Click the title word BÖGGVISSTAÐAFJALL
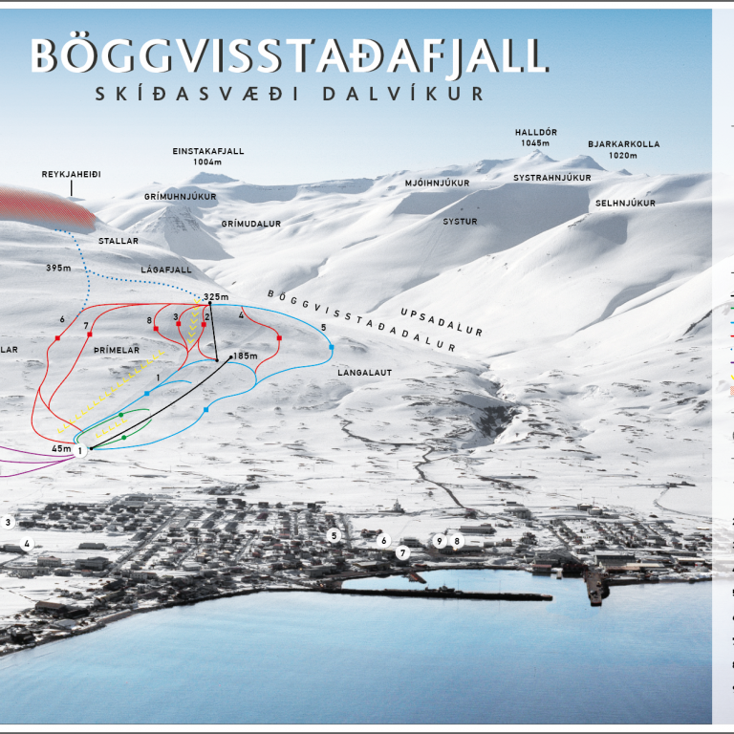290,55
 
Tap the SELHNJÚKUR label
625,204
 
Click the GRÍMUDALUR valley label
250,224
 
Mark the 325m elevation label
217,297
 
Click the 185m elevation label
245,356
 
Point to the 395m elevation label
58,268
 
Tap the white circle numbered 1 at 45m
81,450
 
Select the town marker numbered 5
334,535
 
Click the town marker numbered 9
440,541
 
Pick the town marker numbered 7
403,552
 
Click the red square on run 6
58,338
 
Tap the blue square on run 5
331,347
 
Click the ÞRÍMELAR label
118,351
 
